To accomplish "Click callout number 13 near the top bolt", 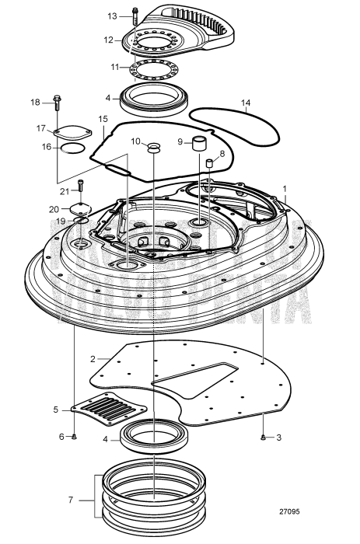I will coord(111,16).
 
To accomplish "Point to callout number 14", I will coord(246,103).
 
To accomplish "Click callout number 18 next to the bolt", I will coord(35,102).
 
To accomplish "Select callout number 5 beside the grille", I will coord(55,409).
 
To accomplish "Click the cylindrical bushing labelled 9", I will coord(199,145).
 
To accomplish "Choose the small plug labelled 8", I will coord(209,163).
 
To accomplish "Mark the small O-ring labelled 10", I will coord(152,146).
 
